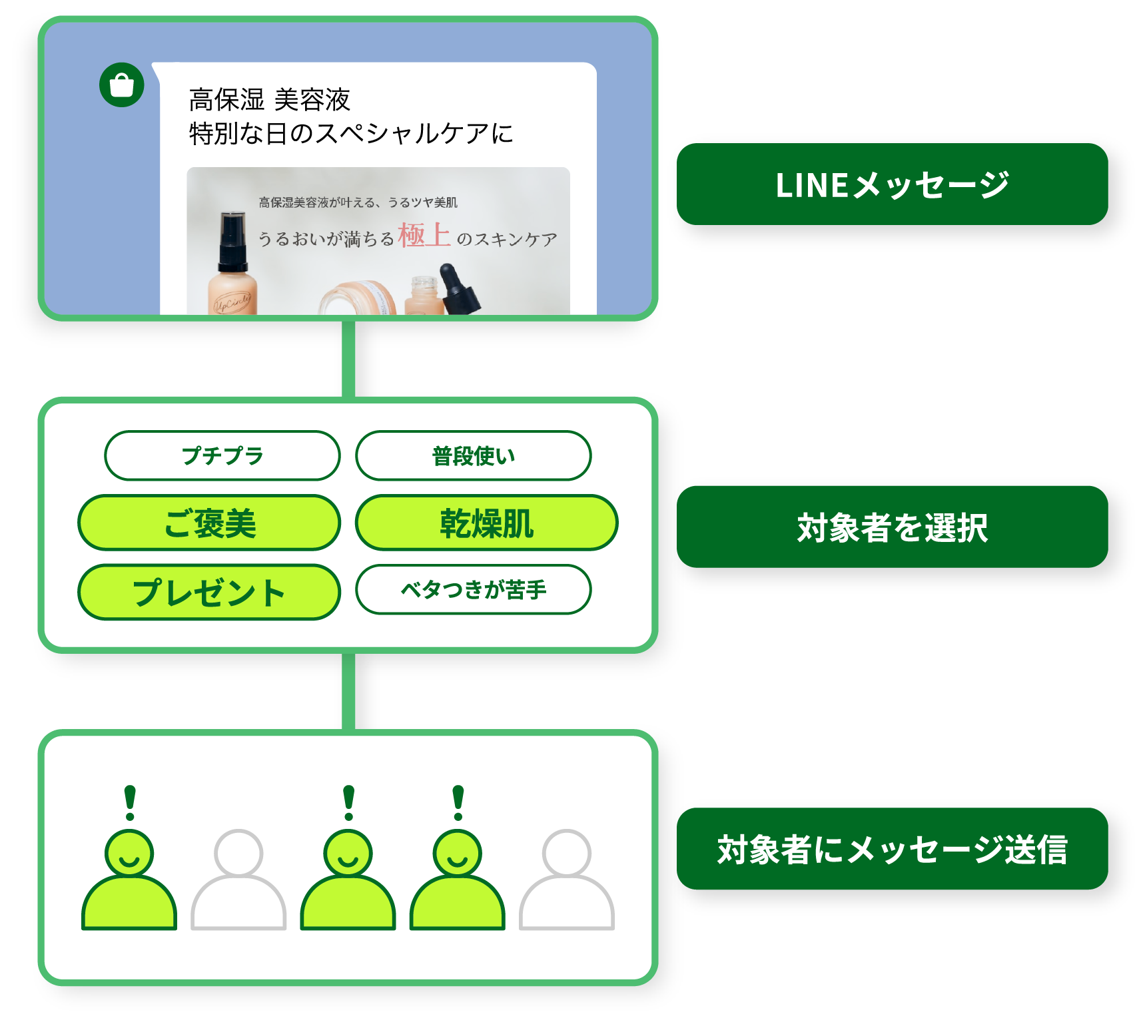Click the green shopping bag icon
(122, 85)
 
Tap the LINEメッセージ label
(892, 184)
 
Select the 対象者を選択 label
(892, 527)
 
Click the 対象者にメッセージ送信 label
(892, 849)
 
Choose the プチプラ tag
(222, 455)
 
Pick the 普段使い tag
(474, 455)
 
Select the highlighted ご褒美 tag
(209, 523)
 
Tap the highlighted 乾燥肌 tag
(486, 523)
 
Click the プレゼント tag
(209, 592)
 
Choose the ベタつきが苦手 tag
(474, 589)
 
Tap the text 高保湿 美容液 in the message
(269, 100)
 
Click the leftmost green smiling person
(129, 879)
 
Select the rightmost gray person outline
(566, 879)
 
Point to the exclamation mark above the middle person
(348, 802)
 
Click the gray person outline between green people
(238, 879)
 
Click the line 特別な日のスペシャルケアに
(351, 133)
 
